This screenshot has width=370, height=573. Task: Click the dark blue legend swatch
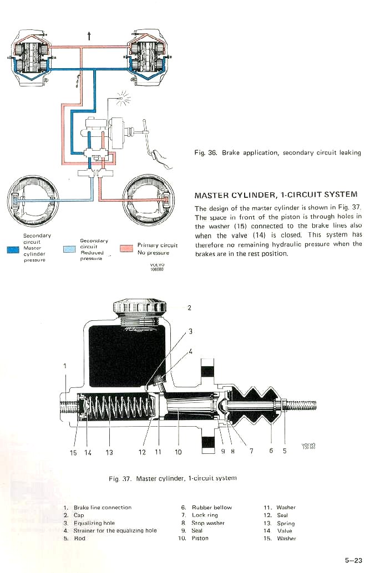point(13,249)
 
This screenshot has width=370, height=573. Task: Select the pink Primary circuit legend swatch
point(126,248)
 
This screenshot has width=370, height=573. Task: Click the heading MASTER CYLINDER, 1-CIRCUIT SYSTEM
point(276,195)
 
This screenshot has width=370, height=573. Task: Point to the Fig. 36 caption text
point(277,153)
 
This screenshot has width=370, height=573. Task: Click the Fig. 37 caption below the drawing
point(173,478)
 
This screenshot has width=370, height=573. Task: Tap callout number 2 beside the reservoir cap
point(189,309)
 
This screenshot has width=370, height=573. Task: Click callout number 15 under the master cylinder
point(73,452)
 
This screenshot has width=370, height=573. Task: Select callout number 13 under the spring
point(109,452)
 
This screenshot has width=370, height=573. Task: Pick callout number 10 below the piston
point(178,452)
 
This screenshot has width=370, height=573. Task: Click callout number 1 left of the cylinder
point(65,366)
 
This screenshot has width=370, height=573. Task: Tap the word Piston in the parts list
point(200,538)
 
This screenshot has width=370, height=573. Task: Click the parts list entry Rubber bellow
point(211,507)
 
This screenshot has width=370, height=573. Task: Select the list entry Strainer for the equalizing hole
point(115,530)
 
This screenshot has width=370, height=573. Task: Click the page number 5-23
point(353,560)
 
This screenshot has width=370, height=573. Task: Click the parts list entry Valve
point(284,530)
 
